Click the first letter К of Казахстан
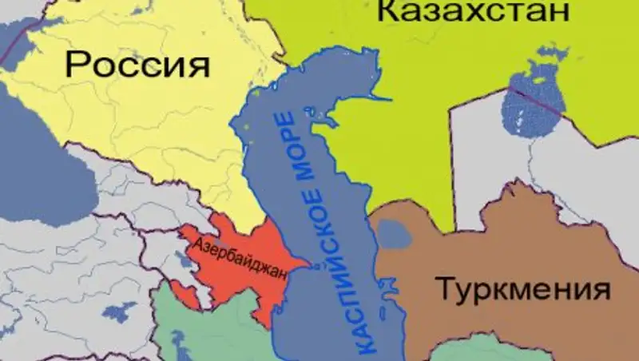(x=387, y=12)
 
